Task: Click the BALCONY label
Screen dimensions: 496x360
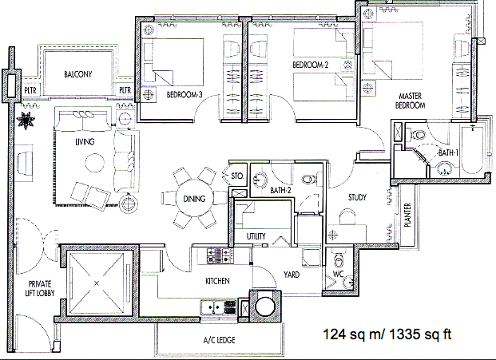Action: click(x=77, y=74)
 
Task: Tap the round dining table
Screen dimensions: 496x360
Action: click(x=194, y=199)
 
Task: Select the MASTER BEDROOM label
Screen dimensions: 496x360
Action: click(x=410, y=101)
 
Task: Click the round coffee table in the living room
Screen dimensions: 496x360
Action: click(x=94, y=163)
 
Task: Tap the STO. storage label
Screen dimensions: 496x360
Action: click(x=237, y=176)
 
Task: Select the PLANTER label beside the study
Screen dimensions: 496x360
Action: click(x=407, y=215)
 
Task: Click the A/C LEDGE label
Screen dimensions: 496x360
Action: click(x=219, y=340)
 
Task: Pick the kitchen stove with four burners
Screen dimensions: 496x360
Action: click(x=220, y=256)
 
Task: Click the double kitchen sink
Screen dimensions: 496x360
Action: click(x=212, y=307)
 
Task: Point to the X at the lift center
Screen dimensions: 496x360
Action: click(x=97, y=283)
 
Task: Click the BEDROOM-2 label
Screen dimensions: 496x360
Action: click(x=311, y=65)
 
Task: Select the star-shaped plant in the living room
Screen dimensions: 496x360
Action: click(x=26, y=120)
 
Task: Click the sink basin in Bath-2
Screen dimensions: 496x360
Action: click(x=260, y=180)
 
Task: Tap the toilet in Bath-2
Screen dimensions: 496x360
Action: click(x=309, y=180)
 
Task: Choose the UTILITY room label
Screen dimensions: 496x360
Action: click(x=256, y=236)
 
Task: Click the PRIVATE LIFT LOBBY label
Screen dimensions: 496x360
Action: click(x=40, y=289)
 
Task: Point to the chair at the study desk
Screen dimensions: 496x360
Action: click(x=347, y=216)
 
